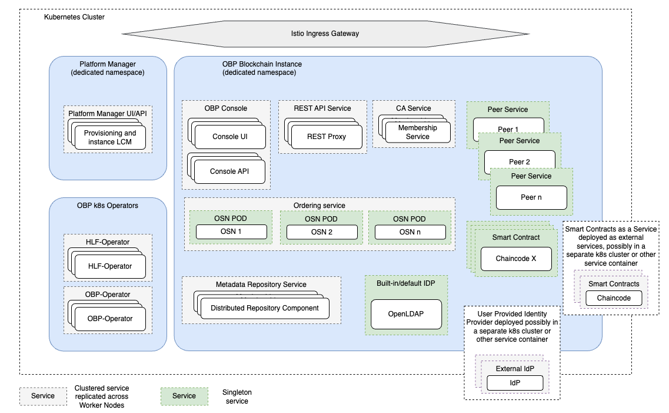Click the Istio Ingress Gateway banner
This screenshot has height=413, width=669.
coord(325,34)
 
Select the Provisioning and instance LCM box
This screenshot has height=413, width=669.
coord(110,137)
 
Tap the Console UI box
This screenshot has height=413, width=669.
coord(230,137)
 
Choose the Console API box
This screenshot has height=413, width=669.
coord(230,171)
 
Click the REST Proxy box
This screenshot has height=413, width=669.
coord(327,137)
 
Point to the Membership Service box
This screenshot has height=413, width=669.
coord(418,132)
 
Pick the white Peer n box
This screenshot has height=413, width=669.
coord(531,197)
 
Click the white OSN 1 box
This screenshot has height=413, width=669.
coord(231,232)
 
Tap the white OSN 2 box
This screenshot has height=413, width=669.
coord(322,232)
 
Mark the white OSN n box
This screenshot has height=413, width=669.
coord(410,232)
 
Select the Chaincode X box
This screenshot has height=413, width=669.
coord(516,258)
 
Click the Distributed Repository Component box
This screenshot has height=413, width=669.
coord(264,308)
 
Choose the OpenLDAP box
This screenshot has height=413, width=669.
coord(406,314)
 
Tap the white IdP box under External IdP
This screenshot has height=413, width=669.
coord(515,383)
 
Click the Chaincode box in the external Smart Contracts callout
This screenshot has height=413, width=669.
coord(614,298)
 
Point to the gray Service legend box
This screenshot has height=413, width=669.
coord(43,396)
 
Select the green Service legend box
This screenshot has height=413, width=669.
coord(184,396)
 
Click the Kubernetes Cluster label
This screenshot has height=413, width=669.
coord(74,17)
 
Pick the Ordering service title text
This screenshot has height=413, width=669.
coord(319,206)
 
